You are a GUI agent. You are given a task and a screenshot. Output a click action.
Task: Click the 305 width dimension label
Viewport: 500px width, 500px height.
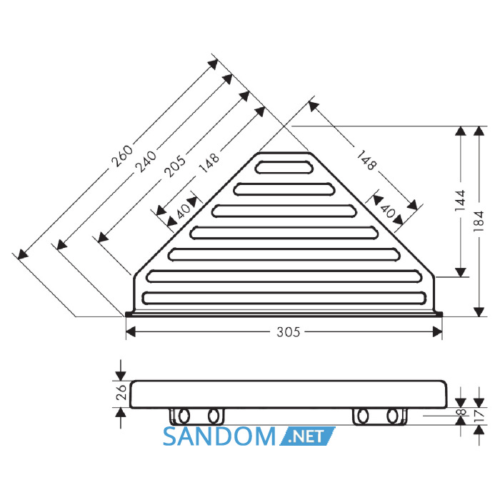(x=289, y=332)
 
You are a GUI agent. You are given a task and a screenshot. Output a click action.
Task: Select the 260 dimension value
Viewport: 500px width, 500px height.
(x=122, y=156)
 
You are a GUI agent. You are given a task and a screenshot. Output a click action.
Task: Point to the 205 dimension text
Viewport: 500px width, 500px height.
(x=174, y=166)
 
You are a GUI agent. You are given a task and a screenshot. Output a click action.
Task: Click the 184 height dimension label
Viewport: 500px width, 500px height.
(x=479, y=221)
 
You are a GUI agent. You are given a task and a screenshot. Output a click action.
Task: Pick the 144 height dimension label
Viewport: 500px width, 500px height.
(x=460, y=201)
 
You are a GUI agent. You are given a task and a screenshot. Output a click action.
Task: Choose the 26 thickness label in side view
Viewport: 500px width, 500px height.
(x=121, y=392)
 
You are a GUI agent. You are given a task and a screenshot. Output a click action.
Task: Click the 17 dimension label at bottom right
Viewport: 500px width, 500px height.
(x=479, y=415)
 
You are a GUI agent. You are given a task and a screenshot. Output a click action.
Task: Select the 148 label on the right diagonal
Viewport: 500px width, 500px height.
(x=366, y=161)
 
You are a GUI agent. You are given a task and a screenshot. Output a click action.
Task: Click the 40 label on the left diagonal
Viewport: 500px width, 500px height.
(x=184, y=211)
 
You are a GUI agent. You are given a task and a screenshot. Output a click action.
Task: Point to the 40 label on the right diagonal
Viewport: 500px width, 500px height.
(x=388, y=211)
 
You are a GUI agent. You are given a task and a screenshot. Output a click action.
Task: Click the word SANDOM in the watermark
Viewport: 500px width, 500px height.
(x=219, y=436)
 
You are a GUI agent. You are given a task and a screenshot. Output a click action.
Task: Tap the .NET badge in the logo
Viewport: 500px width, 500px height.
(x=307, y=436)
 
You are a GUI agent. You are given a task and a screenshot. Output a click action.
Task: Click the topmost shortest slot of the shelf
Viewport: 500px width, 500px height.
(x=284, y=167)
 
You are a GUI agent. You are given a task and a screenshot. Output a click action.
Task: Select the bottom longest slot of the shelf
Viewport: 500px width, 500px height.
(x=284, y=298)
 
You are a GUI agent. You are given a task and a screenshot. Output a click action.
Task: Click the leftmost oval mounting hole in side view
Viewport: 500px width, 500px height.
(x=184, y=416)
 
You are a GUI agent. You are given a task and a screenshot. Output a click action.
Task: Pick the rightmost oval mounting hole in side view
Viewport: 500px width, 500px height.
(x=392, y=416)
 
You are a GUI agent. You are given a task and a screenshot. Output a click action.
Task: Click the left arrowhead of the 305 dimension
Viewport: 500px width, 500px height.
(x=131, y=332)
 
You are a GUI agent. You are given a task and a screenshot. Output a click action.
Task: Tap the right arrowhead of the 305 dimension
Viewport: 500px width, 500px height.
(x=437, y=332)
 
